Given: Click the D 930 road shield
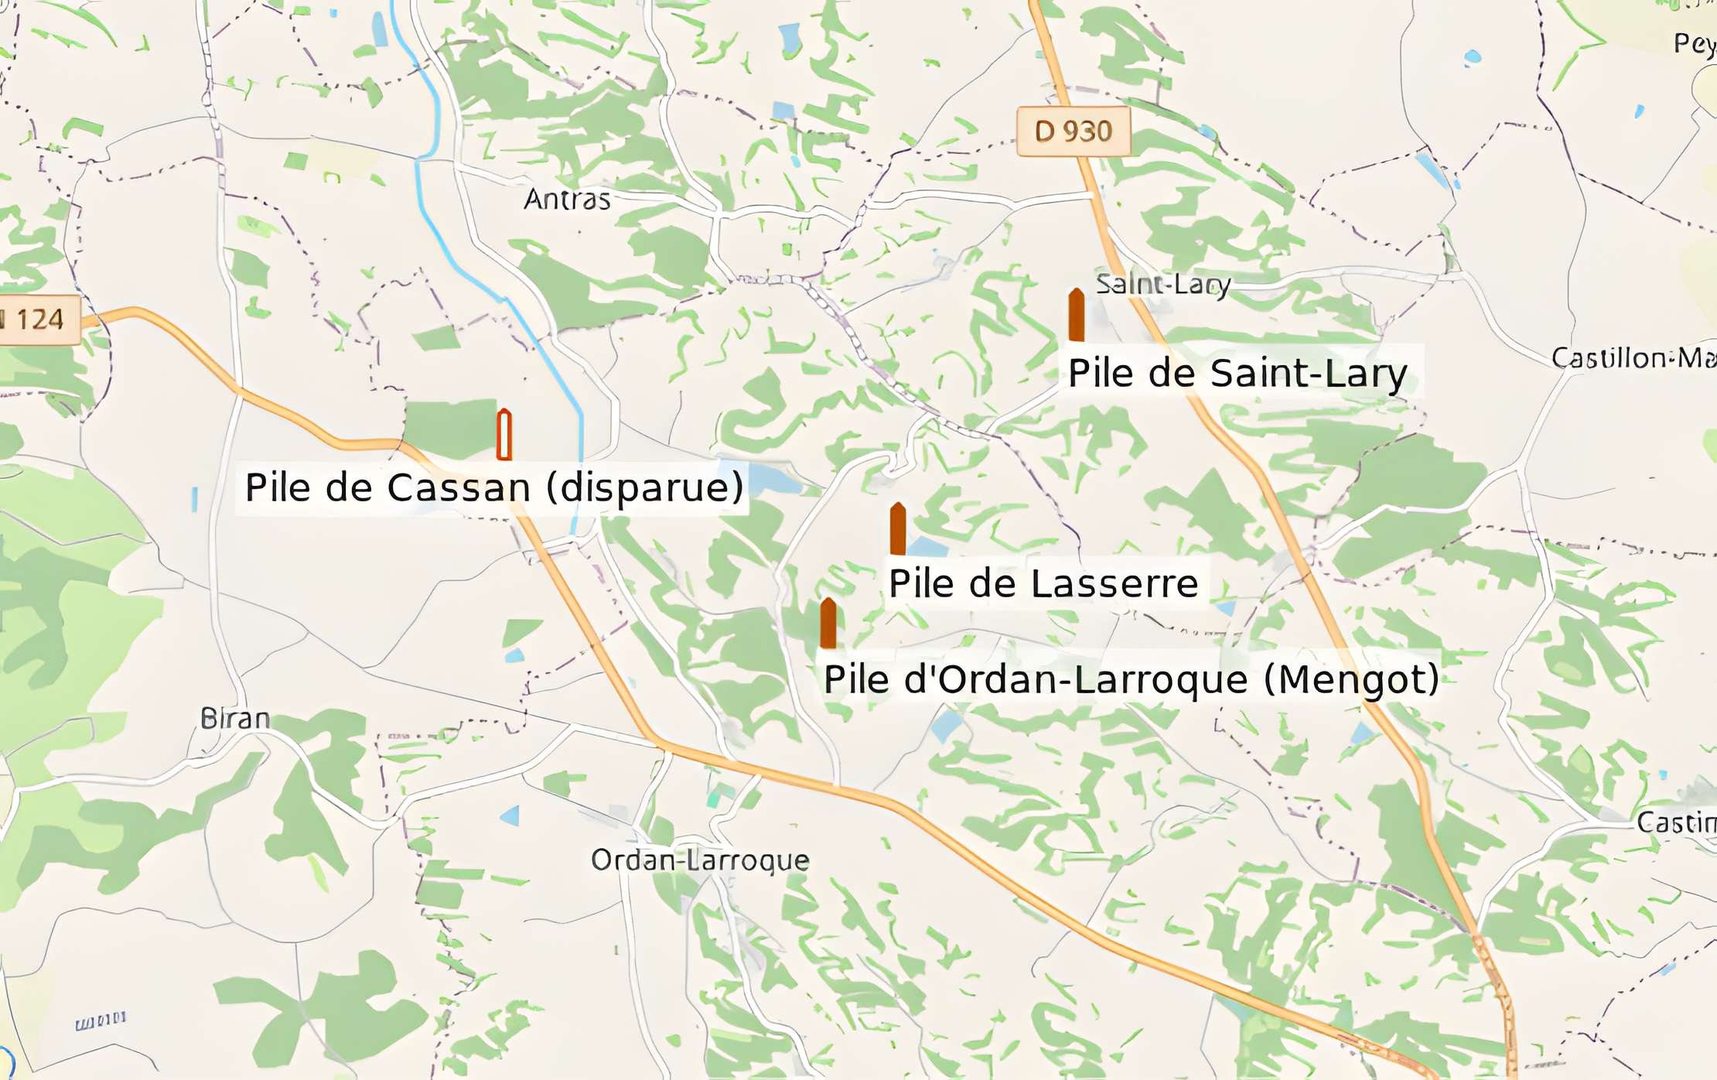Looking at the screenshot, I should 1074,132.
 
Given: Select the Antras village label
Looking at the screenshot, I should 567,200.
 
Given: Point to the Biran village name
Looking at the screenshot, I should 235,719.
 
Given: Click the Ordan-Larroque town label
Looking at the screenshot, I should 700,860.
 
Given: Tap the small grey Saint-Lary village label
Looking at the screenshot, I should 1162,284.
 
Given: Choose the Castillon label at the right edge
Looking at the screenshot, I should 1632,357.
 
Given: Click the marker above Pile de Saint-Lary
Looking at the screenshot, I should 1076,315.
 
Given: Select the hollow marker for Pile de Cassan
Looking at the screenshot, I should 504,434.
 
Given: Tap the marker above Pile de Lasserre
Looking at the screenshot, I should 897,528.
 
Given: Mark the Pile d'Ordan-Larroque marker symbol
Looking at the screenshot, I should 828,623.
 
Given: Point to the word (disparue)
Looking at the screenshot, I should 644,487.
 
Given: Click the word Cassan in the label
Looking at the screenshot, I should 458,487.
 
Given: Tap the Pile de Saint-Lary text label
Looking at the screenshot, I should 1237,373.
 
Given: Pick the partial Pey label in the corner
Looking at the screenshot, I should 1694,43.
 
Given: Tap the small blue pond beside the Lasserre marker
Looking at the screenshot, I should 927,547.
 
